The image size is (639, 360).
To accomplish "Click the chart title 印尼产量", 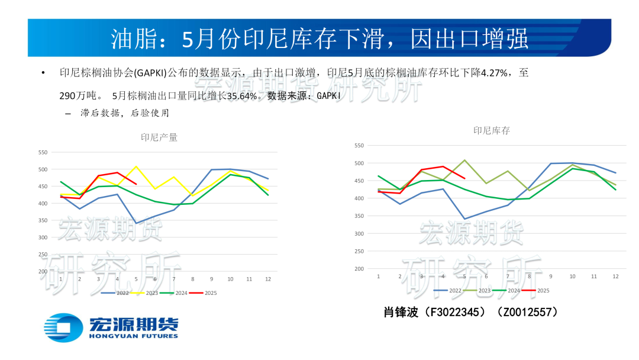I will (x=159, y=137).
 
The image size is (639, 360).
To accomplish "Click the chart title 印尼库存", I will (x=492, y=131).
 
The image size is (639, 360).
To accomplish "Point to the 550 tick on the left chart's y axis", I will (x=43, y=152).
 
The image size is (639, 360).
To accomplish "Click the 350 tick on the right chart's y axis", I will (x=359, y=216).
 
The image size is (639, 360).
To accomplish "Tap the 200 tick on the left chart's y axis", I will (x=43, y=271).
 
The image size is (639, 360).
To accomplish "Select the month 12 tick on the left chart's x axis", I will (x=268, y=279).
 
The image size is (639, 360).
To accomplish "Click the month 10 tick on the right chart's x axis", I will (x=572, y=277).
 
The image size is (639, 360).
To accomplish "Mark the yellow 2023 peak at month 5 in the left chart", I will (x=136, y=166).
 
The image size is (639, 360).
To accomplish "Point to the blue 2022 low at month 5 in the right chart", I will (x=464, y=218).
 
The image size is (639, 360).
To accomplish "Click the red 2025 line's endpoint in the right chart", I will (x=464, y=178).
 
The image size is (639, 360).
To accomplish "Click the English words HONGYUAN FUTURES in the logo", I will (x=133, y=336).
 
